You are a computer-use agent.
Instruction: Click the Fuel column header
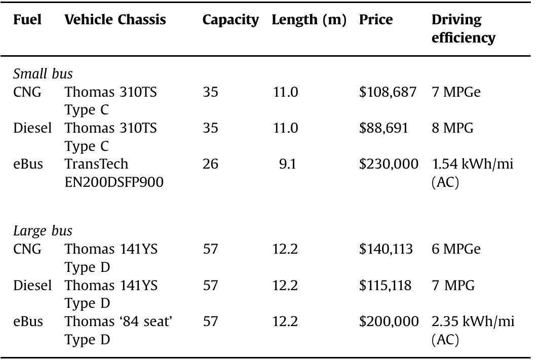(27, 20)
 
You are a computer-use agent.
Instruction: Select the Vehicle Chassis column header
(115, 20)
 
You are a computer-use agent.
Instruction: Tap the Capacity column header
(230, 20)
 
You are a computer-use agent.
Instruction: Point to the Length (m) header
(309, 20)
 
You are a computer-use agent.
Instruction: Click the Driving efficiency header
(463, 28)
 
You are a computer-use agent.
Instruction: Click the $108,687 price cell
(388, 92)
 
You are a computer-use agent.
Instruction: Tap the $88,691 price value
(383, 128)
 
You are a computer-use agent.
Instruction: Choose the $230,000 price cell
(389, 164)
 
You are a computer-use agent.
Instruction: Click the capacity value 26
(210, 164)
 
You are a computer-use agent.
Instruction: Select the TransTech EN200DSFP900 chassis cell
(114, 173)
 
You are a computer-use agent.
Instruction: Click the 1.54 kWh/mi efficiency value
(473, 173)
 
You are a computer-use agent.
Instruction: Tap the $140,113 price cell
(386, 249)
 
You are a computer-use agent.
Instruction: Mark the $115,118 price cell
(385, 286)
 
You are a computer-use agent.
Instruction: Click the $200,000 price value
(389, 322)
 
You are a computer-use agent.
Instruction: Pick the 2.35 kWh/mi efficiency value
(473, 330)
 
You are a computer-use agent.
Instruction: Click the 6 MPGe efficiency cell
(456, 249)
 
